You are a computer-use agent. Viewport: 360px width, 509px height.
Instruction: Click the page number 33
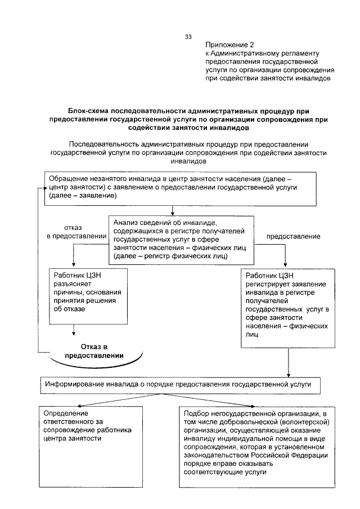188,37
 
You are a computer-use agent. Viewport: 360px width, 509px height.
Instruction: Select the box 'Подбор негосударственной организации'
259,446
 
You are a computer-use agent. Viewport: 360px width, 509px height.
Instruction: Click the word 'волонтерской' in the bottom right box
303,422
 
